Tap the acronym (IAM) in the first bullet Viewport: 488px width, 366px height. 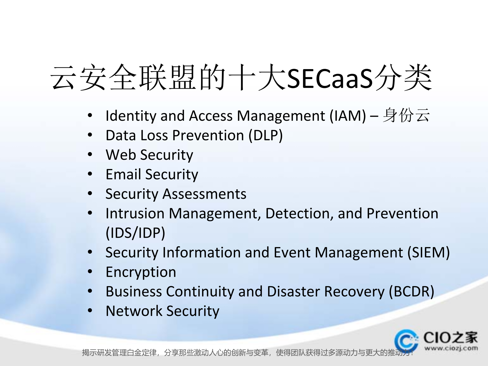348,116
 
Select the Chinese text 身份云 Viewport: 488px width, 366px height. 406,115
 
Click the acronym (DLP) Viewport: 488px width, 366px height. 265,135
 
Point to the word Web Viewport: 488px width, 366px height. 121,155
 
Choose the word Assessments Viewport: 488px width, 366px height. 204,194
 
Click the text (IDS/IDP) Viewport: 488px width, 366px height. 135,233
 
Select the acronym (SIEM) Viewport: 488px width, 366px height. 429,253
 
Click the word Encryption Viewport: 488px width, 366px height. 141,272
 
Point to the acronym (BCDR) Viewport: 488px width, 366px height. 411,292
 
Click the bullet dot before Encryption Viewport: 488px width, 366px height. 90,272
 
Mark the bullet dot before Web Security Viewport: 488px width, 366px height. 90,154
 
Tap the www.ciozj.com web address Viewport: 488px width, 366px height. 451,348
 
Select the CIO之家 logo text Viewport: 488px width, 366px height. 450,338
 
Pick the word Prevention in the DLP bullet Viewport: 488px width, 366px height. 208,135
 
